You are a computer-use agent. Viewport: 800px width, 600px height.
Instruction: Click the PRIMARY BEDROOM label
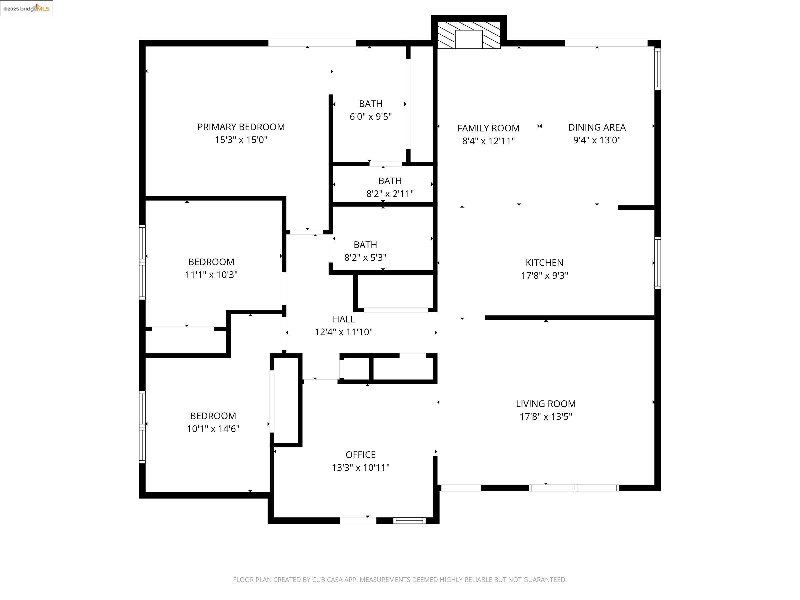pos(241,127)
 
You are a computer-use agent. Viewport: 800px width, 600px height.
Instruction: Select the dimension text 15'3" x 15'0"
pos(241,140)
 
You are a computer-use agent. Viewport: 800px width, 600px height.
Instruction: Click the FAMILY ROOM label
pos(488,128)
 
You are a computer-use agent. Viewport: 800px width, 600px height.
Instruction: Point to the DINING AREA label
pos(597,127)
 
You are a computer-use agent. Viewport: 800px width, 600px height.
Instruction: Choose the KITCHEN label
pos(544,263)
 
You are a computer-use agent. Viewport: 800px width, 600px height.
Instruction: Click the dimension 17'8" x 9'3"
pos(544,276)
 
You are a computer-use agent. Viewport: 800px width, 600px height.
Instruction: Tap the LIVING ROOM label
pos(545,404)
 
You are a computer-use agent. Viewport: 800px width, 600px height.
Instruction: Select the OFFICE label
pos(360,455)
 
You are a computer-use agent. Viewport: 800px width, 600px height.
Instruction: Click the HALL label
pos(344,319)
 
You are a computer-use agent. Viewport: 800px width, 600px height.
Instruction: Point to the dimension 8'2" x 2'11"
pos(390,194)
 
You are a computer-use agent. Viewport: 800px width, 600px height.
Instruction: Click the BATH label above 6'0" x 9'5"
pos(370,104)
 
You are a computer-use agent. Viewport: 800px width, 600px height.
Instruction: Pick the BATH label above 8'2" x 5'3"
pos(365,245)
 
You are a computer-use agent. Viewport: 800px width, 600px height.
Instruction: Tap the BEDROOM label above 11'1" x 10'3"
pos(211,262)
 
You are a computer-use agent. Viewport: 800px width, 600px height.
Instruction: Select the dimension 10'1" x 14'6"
pos(213,429)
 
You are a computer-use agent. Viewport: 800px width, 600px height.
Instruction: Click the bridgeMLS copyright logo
pos(26,8)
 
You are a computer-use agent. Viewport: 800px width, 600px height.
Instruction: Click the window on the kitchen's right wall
pos(658,263)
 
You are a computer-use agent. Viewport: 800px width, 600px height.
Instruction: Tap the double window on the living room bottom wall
pos(574,488)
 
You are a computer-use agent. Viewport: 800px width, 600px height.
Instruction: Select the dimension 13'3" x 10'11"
pos(360,468)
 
